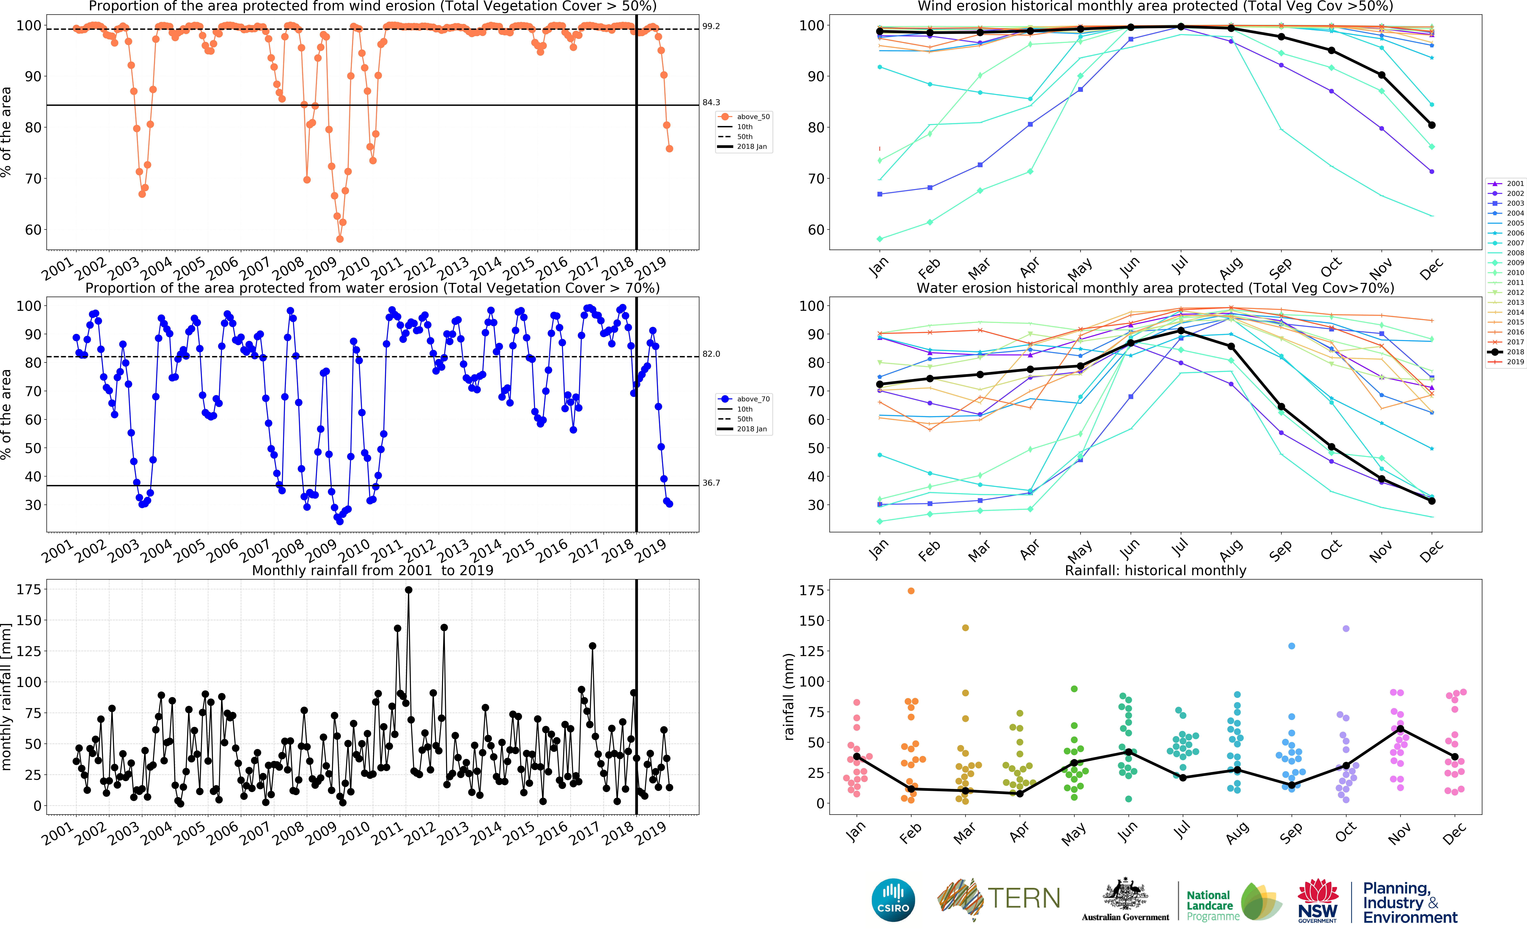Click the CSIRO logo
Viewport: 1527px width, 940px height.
893,900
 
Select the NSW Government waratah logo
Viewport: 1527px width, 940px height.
1317,900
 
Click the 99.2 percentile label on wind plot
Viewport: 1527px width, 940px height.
711,26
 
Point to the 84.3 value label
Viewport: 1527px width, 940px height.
711,103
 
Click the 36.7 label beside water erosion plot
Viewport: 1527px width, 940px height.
711,483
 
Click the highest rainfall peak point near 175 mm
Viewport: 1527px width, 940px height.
408,590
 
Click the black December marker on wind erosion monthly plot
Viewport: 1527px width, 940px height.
1432,125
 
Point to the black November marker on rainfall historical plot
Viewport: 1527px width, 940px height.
1400,729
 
